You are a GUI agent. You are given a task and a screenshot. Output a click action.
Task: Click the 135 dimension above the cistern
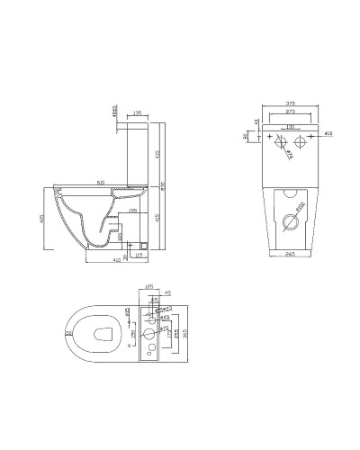(x=137, y=114)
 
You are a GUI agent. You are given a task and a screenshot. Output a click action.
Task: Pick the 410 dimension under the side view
(x=117, y=260)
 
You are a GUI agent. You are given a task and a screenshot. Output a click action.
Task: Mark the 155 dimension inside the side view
(x=132, y=210)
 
